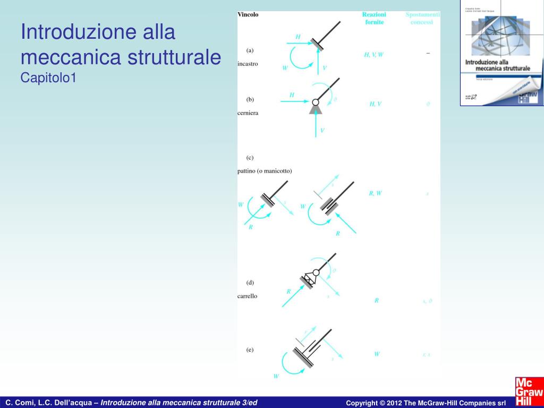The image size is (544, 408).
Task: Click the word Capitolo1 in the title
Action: click(x=49, y=78)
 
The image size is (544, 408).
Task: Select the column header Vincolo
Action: click(x=248, y=15)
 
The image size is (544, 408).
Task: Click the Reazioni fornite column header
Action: click(x=373, y=19)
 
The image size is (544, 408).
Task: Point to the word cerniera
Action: click(x=248, y=113)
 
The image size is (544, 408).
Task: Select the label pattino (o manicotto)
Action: click(x=265, y=171)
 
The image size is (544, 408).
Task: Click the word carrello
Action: click(x=247, y=296)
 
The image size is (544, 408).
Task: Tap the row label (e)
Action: click(x=250, y=349)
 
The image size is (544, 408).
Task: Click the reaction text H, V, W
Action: click(x=373, y=55)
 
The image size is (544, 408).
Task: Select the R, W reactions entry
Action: click(x=375, y=193)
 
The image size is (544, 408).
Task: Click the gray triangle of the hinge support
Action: click(x=316, y=109)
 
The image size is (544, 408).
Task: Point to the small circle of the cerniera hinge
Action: click(x=316, y=102)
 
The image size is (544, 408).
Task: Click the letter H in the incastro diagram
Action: click(x=298, y=37)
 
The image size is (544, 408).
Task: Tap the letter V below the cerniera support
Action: click(x=322, y=130)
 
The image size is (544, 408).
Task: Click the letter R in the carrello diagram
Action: click(x=288, y=291)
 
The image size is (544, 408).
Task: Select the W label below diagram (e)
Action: click(x=276, y=376)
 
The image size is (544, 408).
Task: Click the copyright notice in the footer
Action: click(x=426, y=403)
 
